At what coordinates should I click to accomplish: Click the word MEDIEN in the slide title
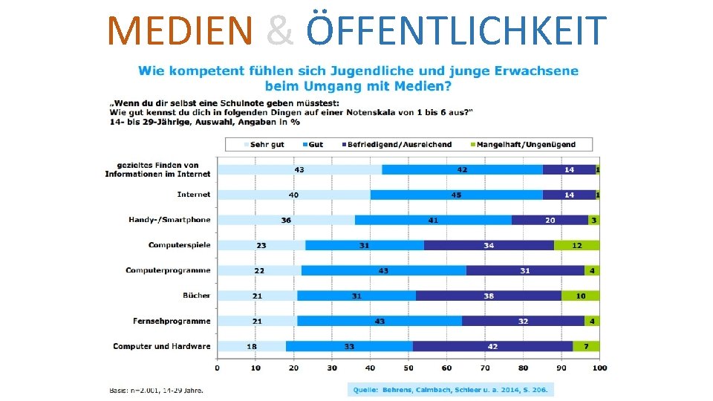pos(180,30)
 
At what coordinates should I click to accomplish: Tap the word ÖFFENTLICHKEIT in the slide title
pos(456,30)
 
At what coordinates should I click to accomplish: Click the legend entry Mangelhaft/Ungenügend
pos(530,144)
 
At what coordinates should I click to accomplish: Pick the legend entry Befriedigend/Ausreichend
pos(394,144)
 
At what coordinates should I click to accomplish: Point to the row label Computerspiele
pos(179,245)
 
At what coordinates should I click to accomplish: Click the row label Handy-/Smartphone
pos(169,220)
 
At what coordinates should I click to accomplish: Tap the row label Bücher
pos(196,296)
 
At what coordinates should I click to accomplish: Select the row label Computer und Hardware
pos(161,346)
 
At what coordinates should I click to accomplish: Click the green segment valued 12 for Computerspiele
pos(576,245)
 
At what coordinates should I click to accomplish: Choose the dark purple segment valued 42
pos(492,346)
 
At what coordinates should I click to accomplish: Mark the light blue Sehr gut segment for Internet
pos(294,195)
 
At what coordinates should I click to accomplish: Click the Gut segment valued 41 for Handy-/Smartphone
pos(433,220)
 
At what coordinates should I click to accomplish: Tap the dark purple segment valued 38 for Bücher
pos(489,296)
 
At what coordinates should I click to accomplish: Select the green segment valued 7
pos(586,346)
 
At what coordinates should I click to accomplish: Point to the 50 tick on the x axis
pos(408,368)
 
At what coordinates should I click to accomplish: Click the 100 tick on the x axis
pos(599,368)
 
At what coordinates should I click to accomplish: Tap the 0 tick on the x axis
pos(218,368)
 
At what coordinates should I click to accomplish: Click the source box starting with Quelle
pos(451,390)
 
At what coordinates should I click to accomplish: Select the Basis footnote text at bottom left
pos(157,390)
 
